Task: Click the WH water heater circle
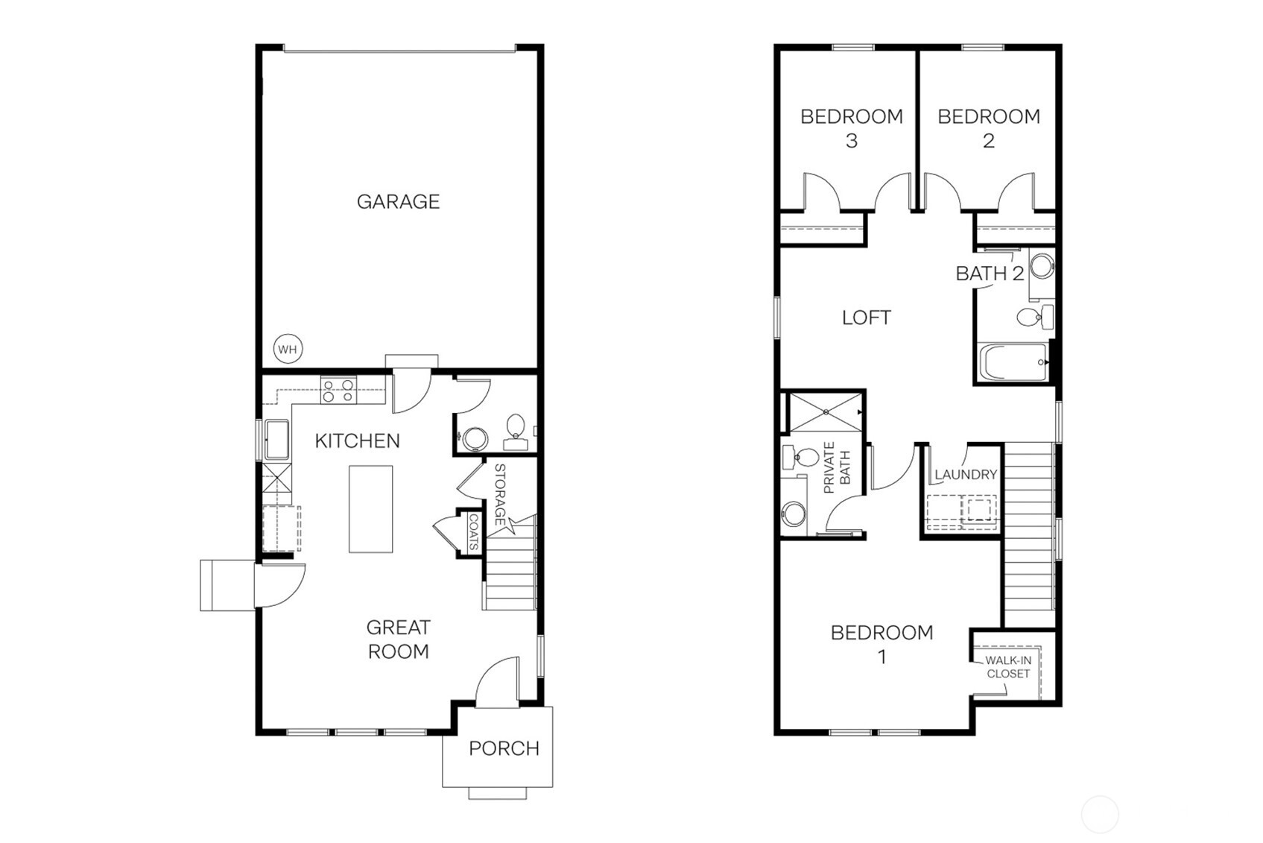pos(288,349)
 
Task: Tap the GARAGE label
pos(398,201)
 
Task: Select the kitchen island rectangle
pos(370,509)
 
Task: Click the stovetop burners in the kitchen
pos(338,391)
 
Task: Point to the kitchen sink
pos(276,440)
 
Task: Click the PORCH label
pos(504,748)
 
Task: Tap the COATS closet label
pos(473,532)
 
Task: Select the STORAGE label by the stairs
pos(499,494)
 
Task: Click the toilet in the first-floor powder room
pos(516,429)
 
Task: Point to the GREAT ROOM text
pos(398,640)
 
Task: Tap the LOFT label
pos(866,318)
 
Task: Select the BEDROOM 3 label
pos(851,127)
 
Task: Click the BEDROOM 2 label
pos(988,127)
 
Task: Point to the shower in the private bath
pos(825,412)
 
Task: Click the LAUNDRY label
pos(966,474)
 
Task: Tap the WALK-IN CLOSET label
pos(1007,666)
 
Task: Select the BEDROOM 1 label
pos(881,644)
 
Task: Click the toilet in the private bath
pos(802,457)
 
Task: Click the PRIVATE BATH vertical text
pos(836,468)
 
